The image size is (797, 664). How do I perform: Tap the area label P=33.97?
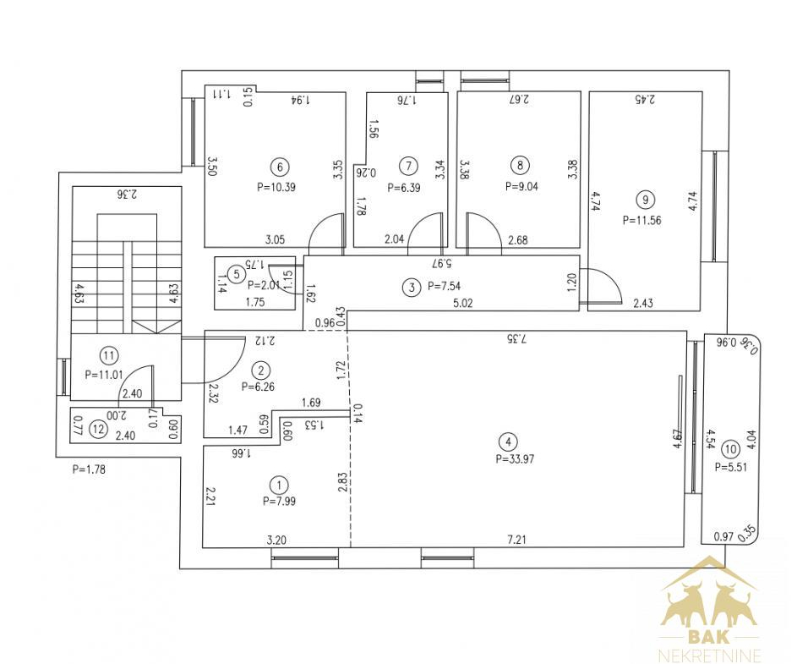tap(515, 459)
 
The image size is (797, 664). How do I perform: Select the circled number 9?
tap(646, 200)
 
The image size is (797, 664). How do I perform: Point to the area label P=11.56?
tap(642, 220)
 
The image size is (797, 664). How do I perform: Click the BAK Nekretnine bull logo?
tap(710, 608)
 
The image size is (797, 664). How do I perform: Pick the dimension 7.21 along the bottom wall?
tap(517, 540)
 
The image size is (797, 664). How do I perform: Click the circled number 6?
tap(280, 167)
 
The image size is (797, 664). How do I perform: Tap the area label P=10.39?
tap(276, 187)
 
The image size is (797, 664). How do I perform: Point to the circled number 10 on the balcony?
tap(730, 449)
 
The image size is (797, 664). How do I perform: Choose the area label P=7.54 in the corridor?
tap(445, 286)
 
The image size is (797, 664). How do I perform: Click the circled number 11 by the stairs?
tap(109, 355)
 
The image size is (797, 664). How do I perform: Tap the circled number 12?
tap(98, 430)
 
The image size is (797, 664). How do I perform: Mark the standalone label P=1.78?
tap(89, 469)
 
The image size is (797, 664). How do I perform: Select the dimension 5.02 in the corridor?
tap(463, 304)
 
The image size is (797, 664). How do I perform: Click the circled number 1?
tap(279, 484)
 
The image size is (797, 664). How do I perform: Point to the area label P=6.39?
tap(404, 188)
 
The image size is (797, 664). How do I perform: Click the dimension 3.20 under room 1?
tap(276, 540)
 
